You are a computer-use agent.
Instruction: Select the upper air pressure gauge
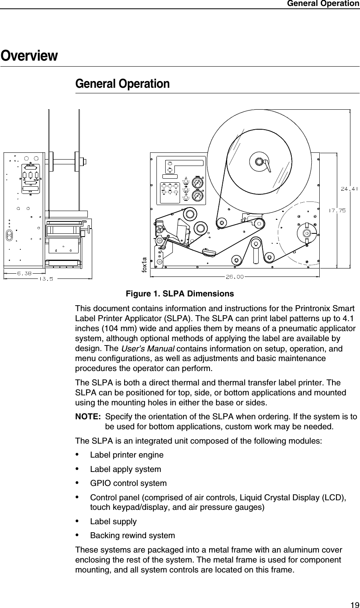click(x=197, y=183)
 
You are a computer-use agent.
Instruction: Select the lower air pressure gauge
click(x=197, y=196)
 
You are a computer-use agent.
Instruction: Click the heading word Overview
click(x=29, y=55)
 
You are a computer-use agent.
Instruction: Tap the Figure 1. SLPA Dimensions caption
click(x=180, y=294)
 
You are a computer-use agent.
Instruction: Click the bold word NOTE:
click(x=88, y=417)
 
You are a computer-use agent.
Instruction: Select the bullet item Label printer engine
click(x=127, y=455)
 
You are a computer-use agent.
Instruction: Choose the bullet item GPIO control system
click(x=128, y=484)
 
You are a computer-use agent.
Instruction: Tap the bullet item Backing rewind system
click(x=132, y=535)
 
